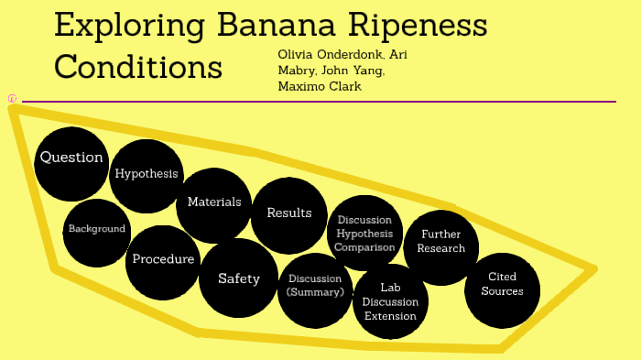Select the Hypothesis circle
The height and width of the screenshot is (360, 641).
(x=146, y=174)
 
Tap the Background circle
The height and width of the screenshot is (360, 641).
(x=96, y=229)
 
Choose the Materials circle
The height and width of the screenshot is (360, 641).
(x=213, y=202)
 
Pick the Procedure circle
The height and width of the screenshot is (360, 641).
(x=163, y=260)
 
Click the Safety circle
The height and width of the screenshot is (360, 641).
(x=238, y=278)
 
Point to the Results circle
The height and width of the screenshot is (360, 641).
(x=288, y=214)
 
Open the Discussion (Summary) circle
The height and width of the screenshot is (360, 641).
(x=314, y=286)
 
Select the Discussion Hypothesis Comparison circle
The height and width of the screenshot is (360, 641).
(x=364, y=234)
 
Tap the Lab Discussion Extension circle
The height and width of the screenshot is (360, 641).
(x=389, y=301)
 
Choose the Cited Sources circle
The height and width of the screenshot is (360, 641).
(x=502, y=285)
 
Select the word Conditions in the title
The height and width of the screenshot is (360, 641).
(x=137, y=66)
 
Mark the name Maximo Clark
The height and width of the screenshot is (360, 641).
(x=320, y=86)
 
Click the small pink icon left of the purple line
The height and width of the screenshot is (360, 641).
(x=12, y=98)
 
